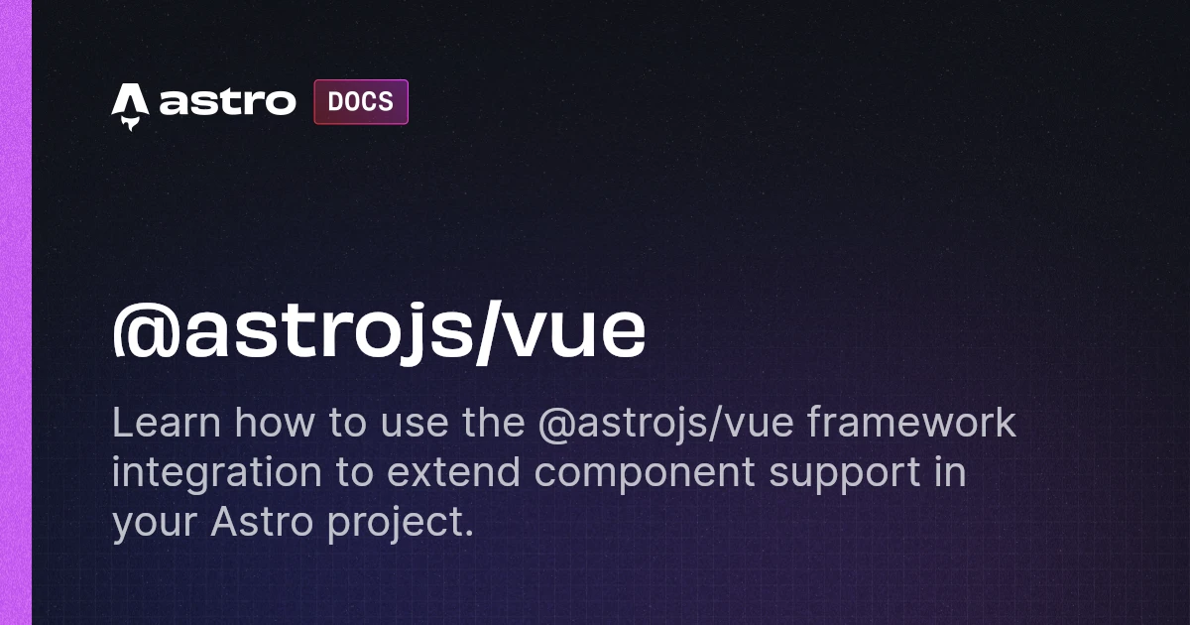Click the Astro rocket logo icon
130,106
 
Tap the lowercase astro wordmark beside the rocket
227,102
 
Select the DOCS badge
361,102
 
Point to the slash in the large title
489,332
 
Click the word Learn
166,423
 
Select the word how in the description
276,423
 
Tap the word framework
911,422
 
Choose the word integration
217,472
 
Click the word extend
453,472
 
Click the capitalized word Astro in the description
262,521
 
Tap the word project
400,524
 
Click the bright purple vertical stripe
16,312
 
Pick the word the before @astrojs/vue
494,423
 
